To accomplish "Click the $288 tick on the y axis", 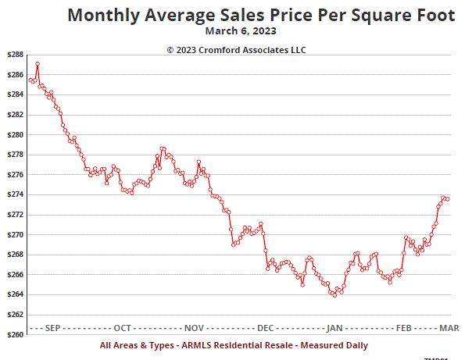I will pos(13,55).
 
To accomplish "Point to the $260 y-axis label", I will pos(13,334).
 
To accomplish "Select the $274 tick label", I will pos(13,194).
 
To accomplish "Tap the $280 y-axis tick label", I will pos(13,134).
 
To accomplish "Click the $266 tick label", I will pos(13,274).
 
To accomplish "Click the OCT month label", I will pos(123,327).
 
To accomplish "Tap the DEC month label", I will pos(265,327).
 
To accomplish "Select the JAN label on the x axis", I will pos(334,327).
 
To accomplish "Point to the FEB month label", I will pos(404,327).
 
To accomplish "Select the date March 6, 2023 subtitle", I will pos(241,32).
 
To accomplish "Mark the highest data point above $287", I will pos(38,63).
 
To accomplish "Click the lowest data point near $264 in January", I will pos(334,294).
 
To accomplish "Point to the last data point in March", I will pos(447,199).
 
